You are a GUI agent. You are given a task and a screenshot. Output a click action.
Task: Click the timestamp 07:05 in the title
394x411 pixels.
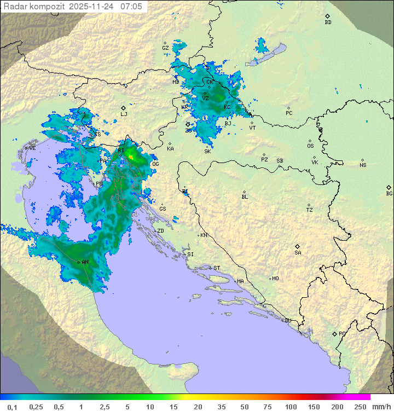[x=132, y=7]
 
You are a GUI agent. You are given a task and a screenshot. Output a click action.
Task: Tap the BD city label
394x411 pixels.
[x=328, y=22]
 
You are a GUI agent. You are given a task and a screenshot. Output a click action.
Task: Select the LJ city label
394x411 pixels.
[x=124, y=114]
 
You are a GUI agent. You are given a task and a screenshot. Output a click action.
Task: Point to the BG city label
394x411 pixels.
[x=389, y=193]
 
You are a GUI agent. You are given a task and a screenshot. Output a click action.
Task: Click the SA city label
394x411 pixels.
[x=298, y=252]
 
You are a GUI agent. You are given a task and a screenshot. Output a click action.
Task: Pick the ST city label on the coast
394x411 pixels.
[x=217, y=268]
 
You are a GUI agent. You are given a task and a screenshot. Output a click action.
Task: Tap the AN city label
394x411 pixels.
[x=85, y=262]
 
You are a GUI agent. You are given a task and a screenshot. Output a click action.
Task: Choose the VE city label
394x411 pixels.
[x=32, y=148]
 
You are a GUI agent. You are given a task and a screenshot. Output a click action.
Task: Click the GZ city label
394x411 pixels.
[x=165, y=48]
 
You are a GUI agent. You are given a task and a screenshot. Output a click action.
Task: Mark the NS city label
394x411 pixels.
[x=363, y=165]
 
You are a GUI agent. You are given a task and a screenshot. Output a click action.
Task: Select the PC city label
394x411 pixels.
[x=289, y=113]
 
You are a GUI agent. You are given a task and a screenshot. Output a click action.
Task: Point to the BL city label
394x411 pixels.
[x=245, y=196]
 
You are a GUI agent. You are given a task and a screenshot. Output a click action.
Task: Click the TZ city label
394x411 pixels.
[x=310, y=210]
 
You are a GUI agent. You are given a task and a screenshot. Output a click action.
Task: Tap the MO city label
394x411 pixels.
[x=275, y=278]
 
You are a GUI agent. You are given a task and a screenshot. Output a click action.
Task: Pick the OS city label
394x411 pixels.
[x=310, y=146]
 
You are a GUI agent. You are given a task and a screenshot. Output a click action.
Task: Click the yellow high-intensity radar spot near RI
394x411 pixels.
[x=130, y=157]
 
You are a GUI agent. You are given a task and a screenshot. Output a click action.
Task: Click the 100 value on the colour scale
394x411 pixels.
[x=291, y=407]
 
